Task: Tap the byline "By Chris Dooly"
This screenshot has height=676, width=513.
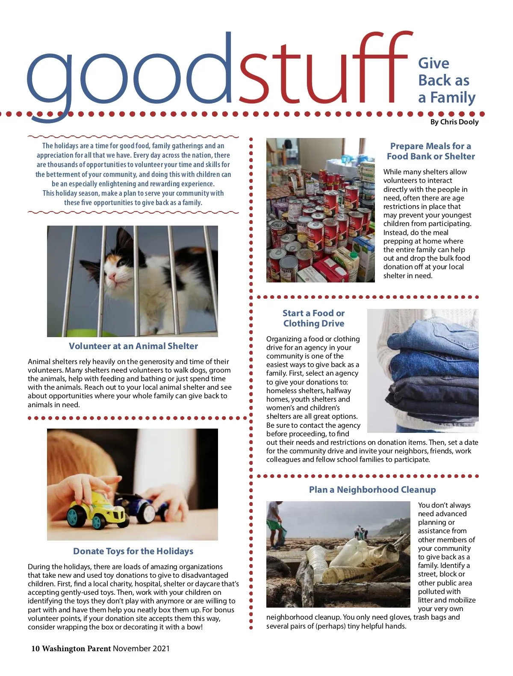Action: (454, 122)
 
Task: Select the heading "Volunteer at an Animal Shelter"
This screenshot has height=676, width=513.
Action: (133, 346)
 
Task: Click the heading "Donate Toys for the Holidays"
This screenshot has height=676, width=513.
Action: (133, 551)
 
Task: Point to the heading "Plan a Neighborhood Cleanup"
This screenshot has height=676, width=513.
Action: (372, 490)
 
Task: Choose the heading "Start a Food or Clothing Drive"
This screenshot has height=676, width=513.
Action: (313, 318)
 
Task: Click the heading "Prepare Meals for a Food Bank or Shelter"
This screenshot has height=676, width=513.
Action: (430, 151)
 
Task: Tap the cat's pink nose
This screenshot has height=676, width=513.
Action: (112, 277)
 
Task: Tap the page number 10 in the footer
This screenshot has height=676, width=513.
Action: (35, 649)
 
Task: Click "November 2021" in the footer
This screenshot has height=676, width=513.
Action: (141, 649)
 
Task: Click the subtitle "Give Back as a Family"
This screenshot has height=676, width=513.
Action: (446, 80)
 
